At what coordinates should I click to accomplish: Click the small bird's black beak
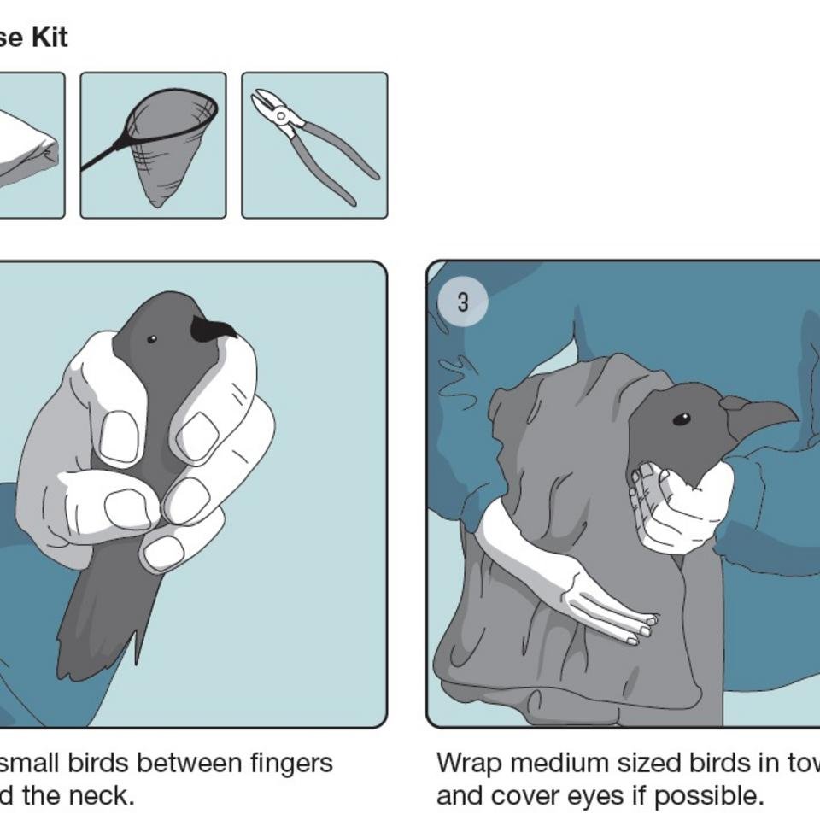tap(212, 329)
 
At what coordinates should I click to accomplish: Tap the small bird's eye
tap(152, 339)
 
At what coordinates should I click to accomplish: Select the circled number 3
tap(462, 302)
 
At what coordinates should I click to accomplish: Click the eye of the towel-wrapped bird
tap(681, 419)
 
